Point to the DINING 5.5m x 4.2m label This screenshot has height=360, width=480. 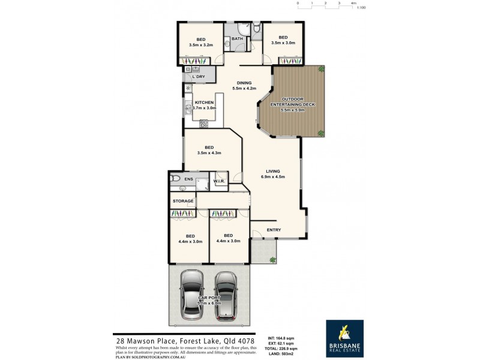(244, 86)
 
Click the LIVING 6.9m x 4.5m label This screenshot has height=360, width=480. (273, 174)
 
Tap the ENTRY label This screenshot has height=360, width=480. (274, 230)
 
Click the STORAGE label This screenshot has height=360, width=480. (183, 200)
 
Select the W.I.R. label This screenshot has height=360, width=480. (219, 181)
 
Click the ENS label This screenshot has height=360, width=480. (188, 179)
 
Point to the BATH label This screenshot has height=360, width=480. (238, 39)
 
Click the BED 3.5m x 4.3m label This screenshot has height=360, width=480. (209, 150)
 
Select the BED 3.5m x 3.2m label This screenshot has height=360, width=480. (200, 42)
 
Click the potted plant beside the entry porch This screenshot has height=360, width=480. (273, 260)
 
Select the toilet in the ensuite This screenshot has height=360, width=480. (173, 178)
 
